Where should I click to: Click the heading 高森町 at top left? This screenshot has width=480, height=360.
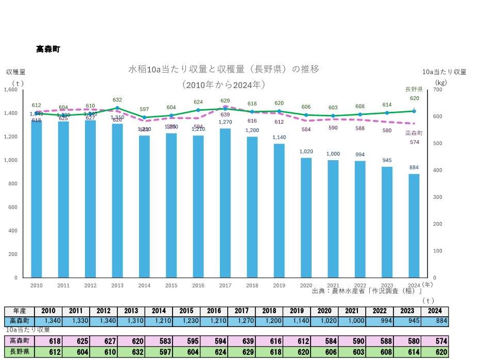click(48, 49)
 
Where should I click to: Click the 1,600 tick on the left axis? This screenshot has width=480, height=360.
click(11, 90)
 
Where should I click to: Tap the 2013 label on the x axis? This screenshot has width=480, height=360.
click(117, 285)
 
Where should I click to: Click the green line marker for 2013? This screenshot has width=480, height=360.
click(117, 108)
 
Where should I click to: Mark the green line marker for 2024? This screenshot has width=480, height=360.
click(414, 111)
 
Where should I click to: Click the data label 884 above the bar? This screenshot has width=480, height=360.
click(414, 167)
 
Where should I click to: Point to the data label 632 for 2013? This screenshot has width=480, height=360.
click(117, 100)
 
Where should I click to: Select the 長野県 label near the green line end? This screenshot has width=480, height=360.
click(414, 89)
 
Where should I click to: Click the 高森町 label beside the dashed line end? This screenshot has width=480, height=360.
click(414, 133)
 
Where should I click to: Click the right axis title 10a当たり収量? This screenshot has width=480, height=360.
click(444, 72)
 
